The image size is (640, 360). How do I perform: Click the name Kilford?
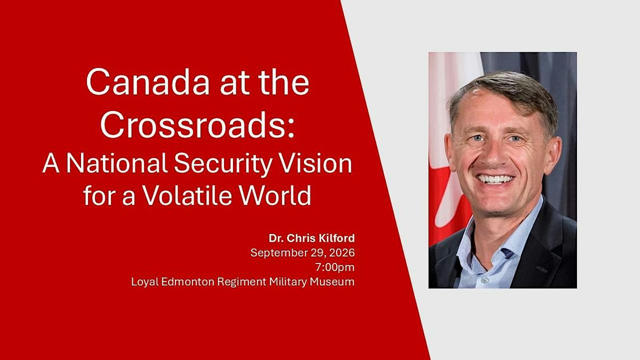pos(337,238)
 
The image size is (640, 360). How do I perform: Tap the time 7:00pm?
pos(335,267)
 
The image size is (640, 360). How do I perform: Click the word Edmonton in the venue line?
pos(187,282)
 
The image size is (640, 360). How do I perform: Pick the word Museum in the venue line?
pos(332,282)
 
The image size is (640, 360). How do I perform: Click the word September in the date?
pos(275,253)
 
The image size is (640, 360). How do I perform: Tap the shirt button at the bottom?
pos(485,280)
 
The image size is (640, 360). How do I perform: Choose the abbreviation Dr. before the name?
pos(276,238)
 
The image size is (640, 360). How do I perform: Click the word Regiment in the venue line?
pos(242,282)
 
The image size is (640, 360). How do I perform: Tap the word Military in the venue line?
pos(289,282)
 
